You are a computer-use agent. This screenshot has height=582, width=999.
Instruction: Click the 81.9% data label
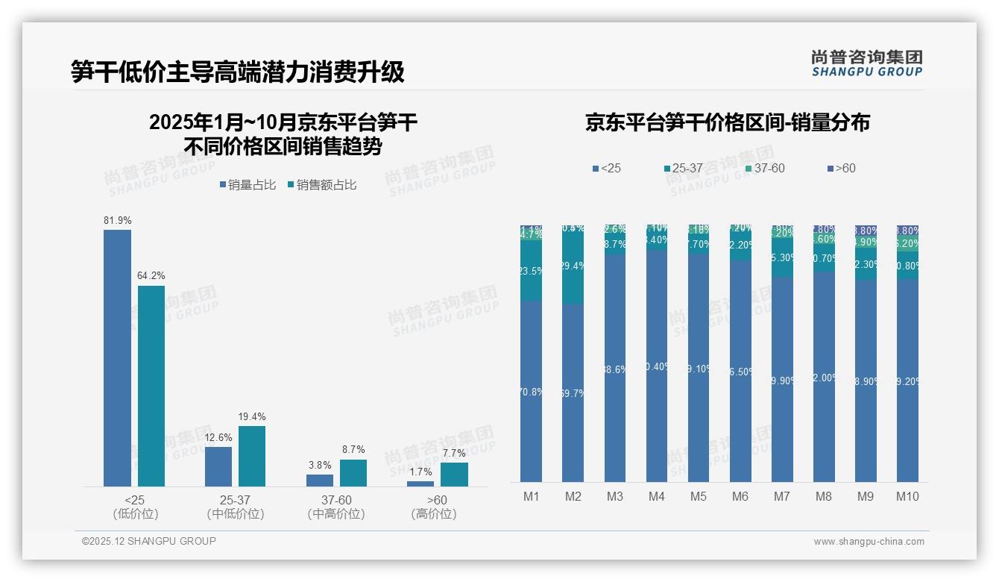117,221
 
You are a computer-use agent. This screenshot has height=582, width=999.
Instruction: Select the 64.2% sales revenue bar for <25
151,386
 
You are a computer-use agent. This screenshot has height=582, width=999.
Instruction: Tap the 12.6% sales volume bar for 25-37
218,466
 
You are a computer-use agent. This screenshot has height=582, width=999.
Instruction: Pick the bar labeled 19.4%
252,456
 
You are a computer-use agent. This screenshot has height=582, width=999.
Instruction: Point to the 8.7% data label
353,450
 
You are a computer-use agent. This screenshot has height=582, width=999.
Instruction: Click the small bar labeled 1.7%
420,484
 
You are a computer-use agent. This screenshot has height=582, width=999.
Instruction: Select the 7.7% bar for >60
454,475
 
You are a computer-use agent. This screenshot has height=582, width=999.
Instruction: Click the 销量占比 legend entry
248,185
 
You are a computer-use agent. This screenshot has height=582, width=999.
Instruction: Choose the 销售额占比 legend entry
321,185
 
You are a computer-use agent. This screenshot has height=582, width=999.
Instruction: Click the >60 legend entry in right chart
841,169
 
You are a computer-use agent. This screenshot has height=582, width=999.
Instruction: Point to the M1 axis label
532,497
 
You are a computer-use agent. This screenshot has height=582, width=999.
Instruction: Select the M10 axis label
907,497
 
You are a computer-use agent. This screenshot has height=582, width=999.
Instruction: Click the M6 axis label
740,497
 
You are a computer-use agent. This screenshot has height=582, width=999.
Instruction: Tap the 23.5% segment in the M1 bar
532,271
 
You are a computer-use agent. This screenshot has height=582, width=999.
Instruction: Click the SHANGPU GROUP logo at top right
866,63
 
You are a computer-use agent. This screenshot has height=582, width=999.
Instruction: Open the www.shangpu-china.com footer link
869,542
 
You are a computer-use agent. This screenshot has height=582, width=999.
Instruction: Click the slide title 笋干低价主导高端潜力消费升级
238,72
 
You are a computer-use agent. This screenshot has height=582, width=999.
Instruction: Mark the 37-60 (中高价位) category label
336,507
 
